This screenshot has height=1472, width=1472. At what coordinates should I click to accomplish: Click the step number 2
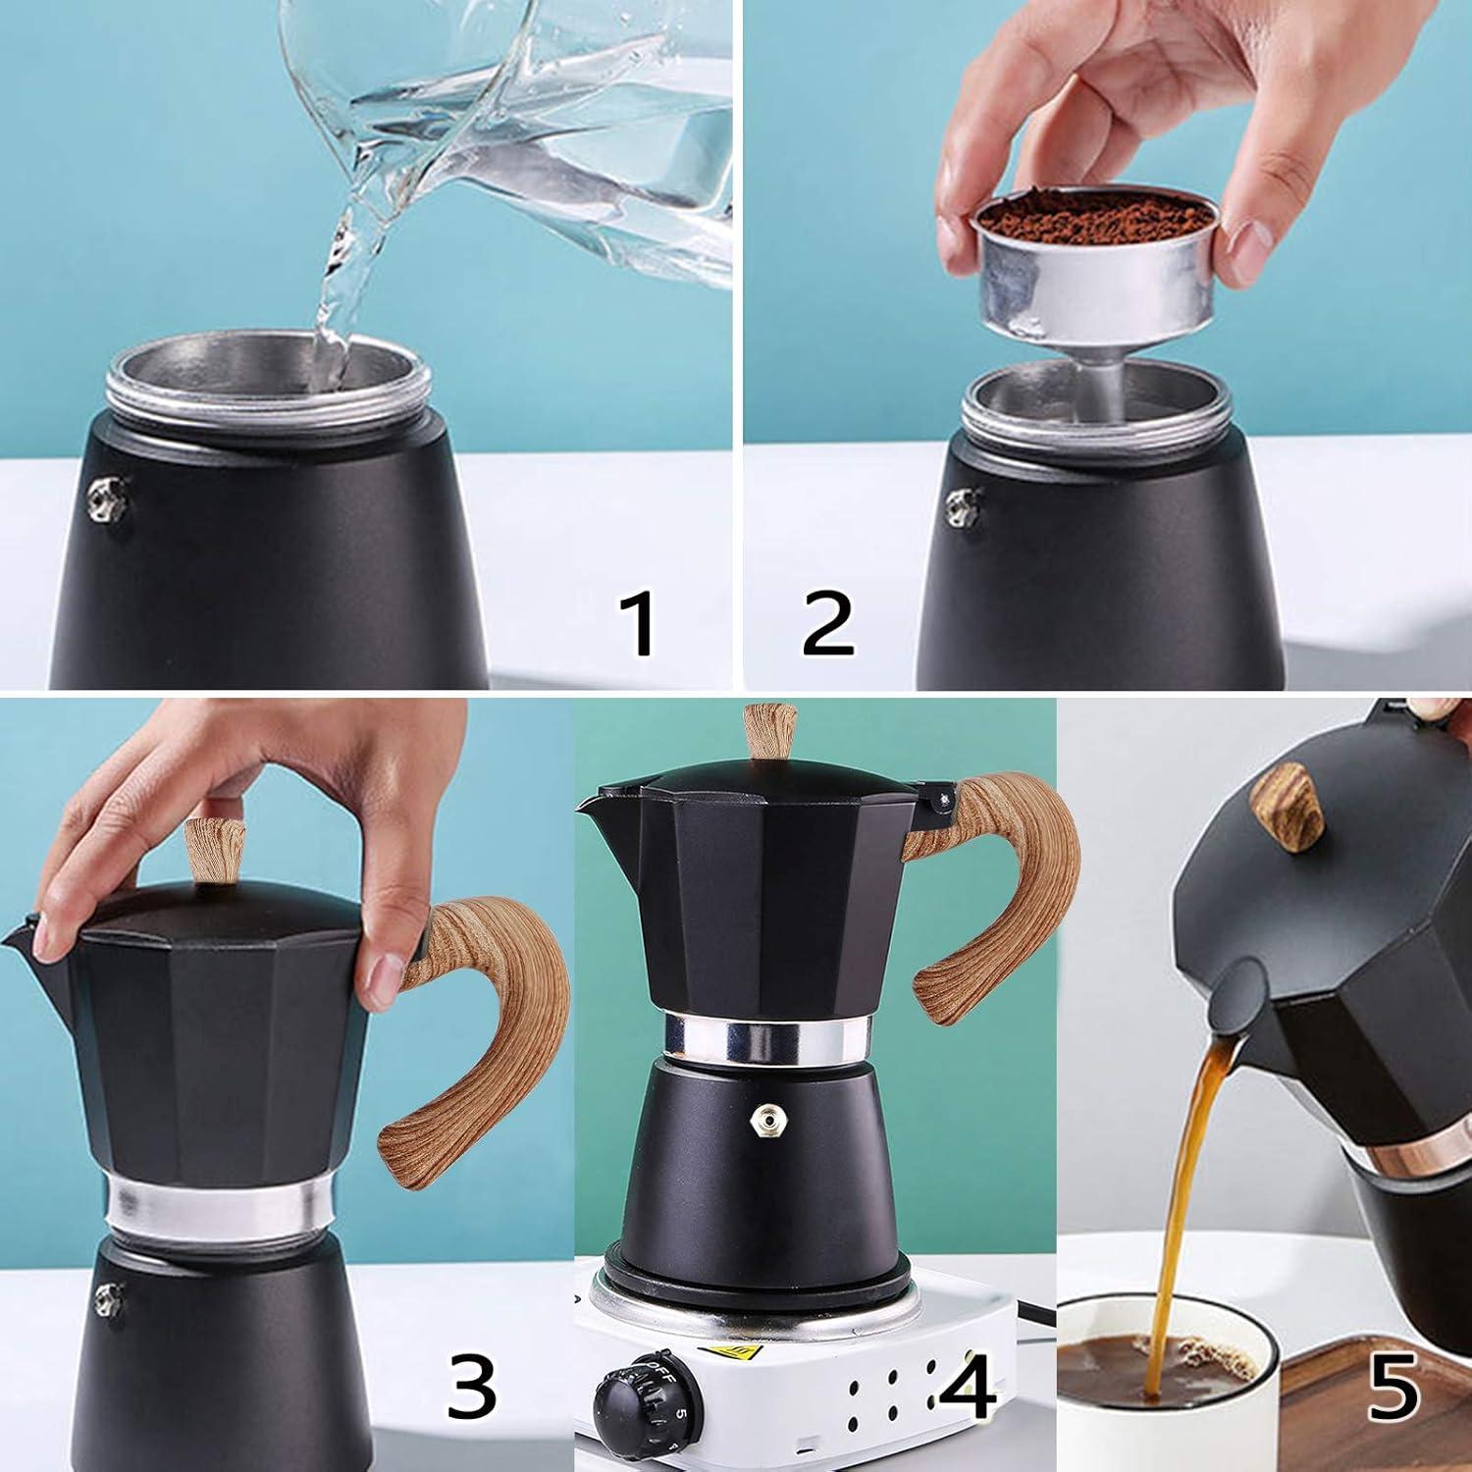827,625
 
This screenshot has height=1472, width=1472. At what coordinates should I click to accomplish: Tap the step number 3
472,1386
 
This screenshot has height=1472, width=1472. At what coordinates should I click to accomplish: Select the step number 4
967,1386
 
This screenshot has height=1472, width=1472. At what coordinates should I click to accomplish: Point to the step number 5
1393,1386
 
